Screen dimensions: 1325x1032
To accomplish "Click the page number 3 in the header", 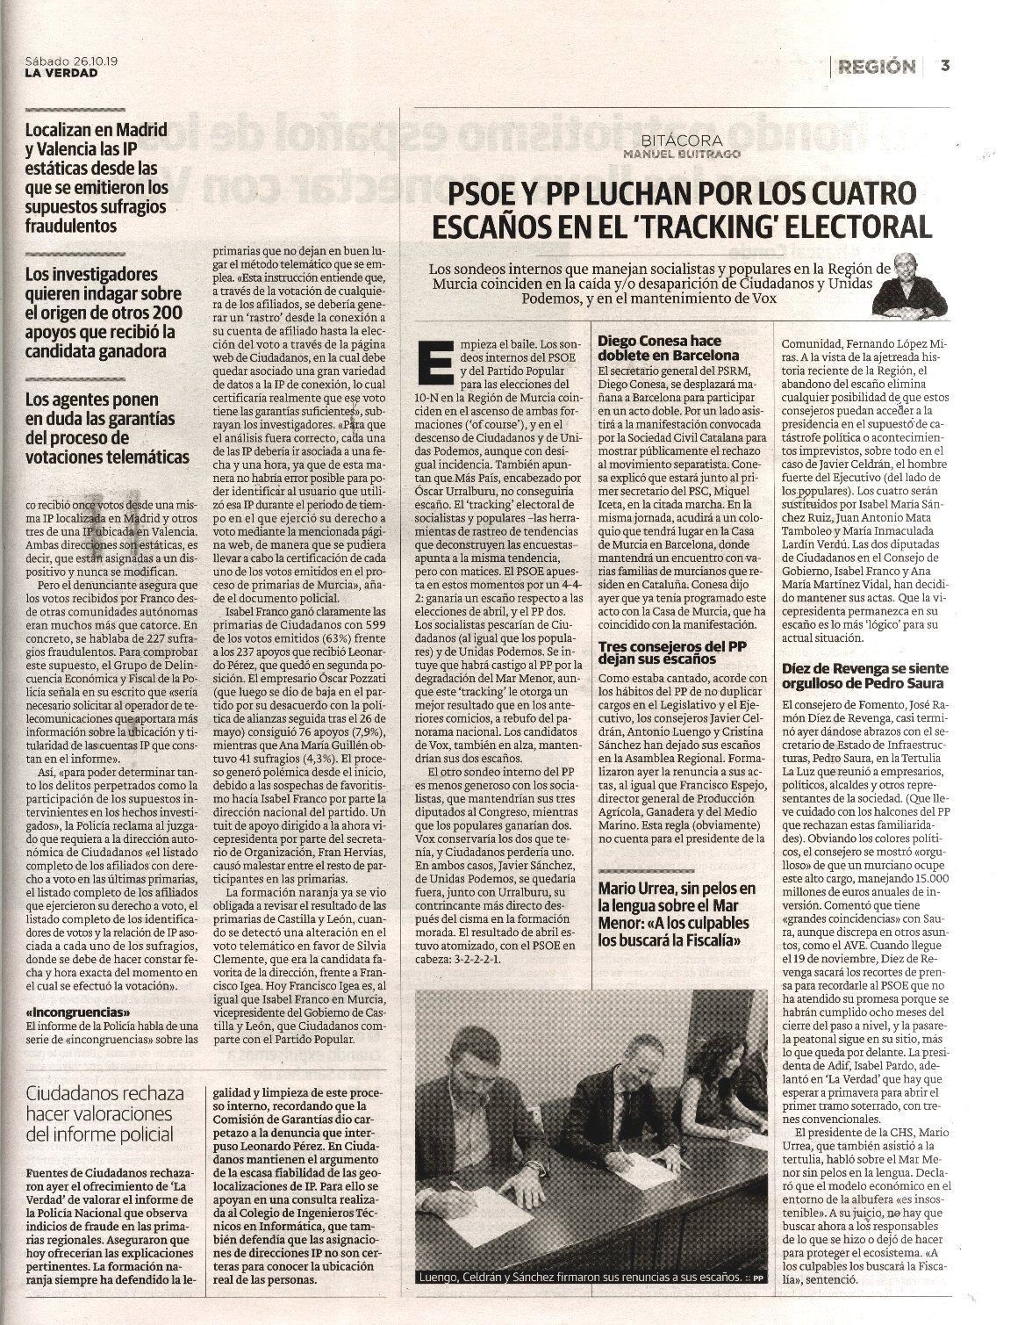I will tap(945, 65).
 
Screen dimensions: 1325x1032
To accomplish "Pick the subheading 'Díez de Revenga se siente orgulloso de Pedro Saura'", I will tap(864, 676).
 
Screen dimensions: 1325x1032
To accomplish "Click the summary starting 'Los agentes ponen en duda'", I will tap(107, 428).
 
